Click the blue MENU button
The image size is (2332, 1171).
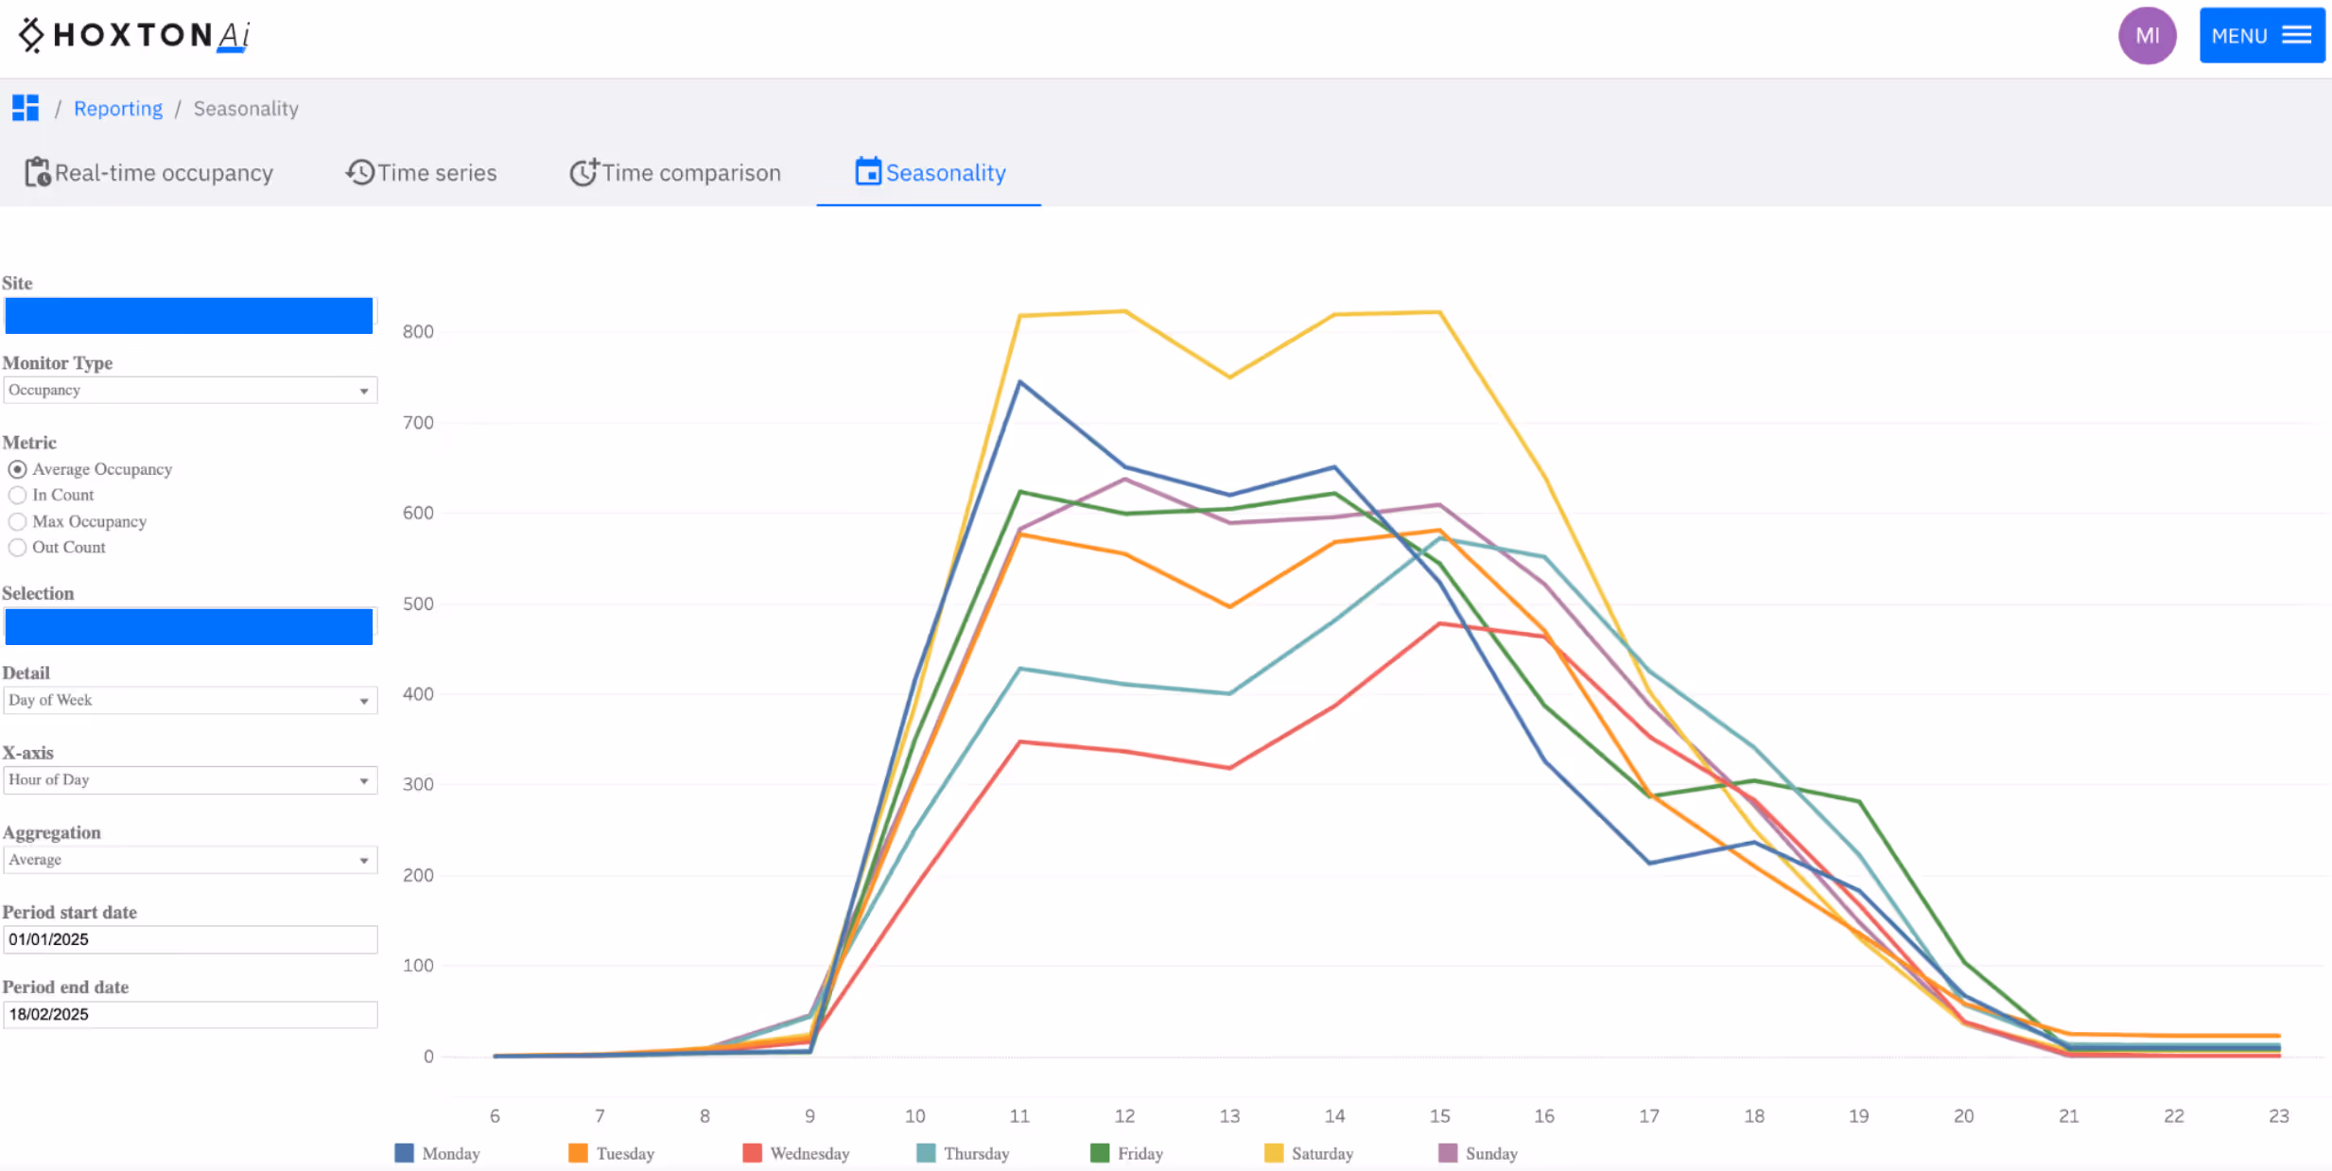[x=2261, y=36]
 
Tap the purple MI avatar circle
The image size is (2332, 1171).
[x=2147, y=36]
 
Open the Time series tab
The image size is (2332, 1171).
[x=422, y=173]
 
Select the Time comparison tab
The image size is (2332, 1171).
[x=675, y=173]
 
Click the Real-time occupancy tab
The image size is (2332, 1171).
[x=149, y=173]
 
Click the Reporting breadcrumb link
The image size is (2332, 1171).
[x=118, y=109]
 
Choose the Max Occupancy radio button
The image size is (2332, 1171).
[x=18, y=521]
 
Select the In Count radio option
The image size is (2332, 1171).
[x=18, y=495]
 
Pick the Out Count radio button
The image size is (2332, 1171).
[x=18, y=548]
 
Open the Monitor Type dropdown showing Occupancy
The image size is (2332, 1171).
[x=189, y=390]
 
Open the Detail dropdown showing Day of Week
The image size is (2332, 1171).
[x=189, y=700]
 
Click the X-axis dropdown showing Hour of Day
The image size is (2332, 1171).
[x=189, y=780]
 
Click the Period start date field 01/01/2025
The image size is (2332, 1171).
[x=189, y=939]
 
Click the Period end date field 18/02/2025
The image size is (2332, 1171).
[x=189, y=1014]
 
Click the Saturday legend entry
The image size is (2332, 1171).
[x=1310, y=1153]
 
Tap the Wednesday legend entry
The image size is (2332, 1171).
[x=797, y=1153]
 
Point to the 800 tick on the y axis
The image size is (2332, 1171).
[x=418, y=332]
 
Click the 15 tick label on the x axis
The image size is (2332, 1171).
[x=1439, y=1116]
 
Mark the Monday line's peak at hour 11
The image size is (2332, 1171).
[x=1019, y=382]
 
